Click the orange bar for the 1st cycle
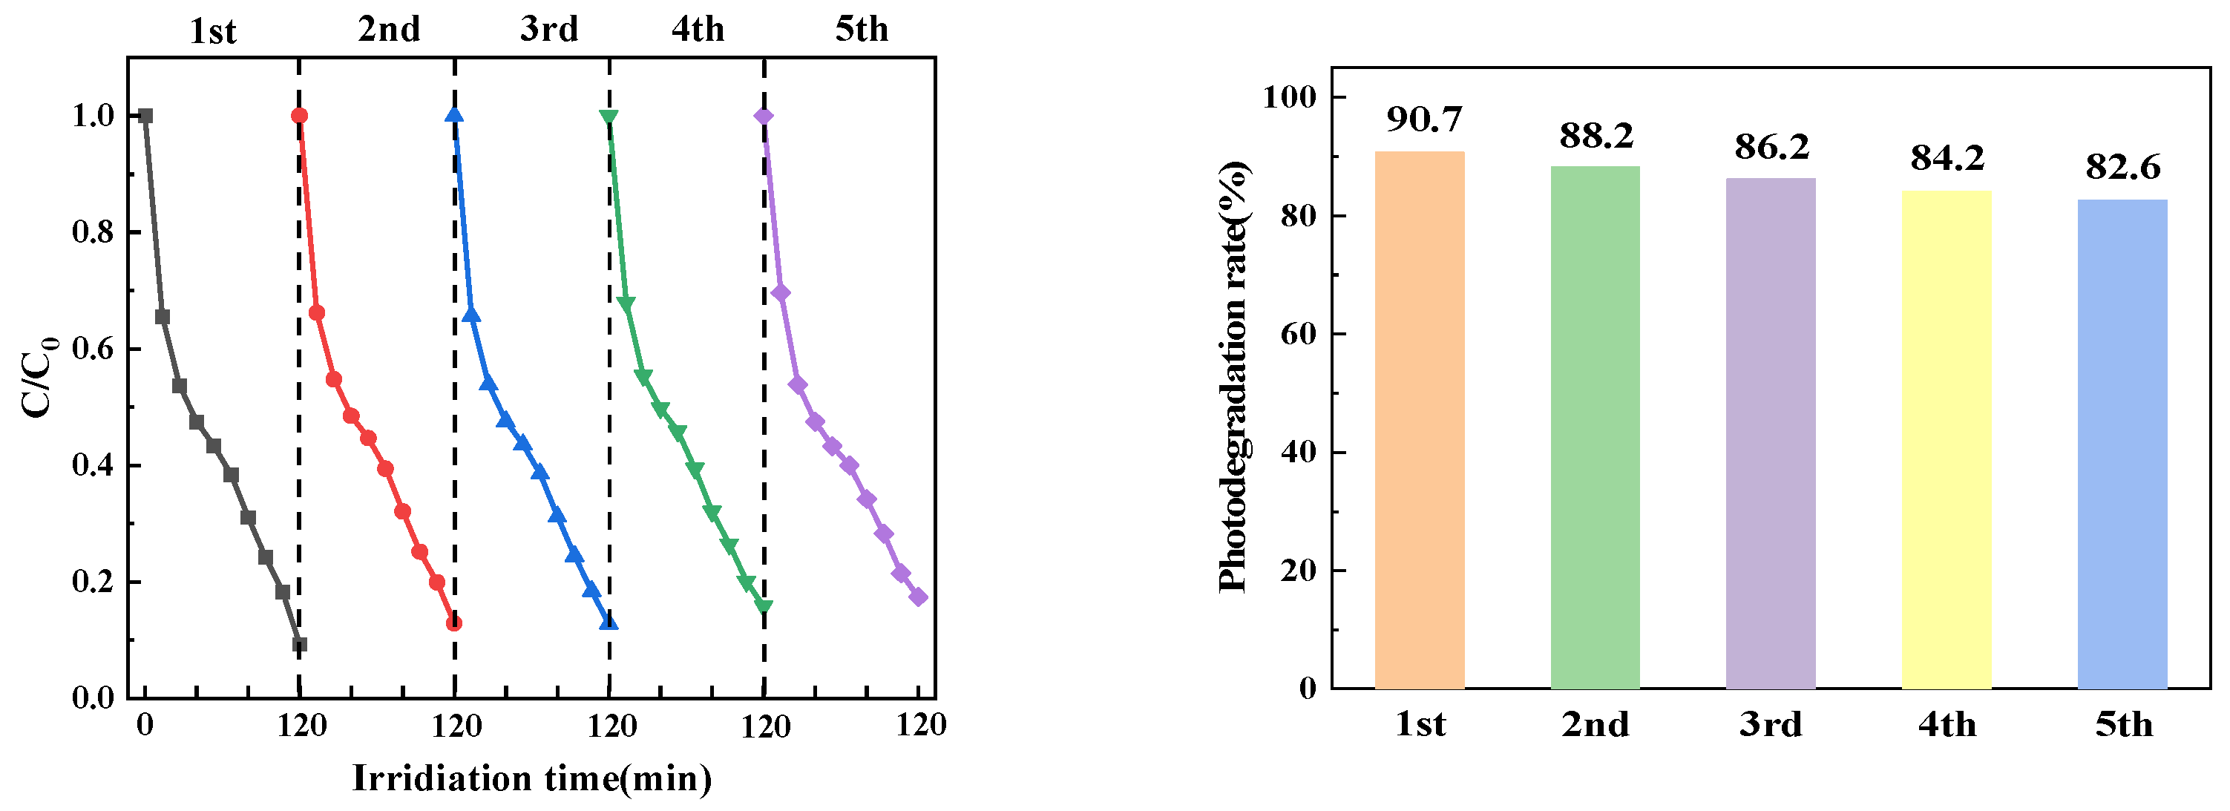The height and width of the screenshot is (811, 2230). (1420, 420)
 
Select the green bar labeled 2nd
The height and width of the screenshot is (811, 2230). (1595, 427)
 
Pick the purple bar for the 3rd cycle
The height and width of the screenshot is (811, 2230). (1771, 433)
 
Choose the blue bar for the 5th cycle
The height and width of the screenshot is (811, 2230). (2122, 444)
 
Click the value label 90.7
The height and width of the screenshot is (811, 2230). (1424, 119)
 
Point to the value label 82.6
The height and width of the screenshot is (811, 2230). (2122, 166)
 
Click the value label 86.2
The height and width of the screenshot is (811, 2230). (1772, 146)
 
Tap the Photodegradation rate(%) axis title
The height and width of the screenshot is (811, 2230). (1233, 376)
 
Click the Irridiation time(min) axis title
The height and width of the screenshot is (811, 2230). (531, 778)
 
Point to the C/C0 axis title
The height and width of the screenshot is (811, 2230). (39, 376)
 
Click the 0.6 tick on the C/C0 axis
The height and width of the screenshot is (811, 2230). (94, 349)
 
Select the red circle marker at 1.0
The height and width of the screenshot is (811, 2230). (300, 116)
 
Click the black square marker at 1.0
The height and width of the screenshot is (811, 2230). (145, 116)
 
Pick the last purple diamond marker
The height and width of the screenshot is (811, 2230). (919, 597)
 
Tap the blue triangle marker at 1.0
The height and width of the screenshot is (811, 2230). (453, 115)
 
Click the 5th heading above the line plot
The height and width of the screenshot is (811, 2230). (862, 30)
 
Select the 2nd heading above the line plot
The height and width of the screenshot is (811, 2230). (389, 30)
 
